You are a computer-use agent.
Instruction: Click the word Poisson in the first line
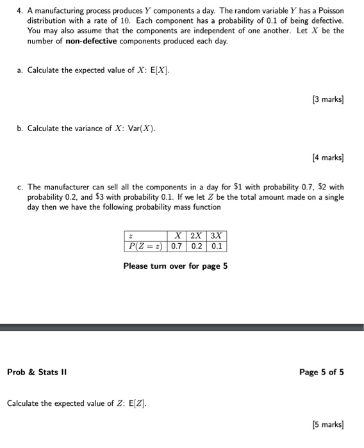click(x=330, y=11)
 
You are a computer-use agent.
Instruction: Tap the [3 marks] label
click(x=327, y=99)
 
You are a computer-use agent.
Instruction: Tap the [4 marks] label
click(x=327, y=157)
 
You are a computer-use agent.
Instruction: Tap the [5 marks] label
click(x=327, y=424)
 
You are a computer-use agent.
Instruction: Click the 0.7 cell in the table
click(x=176, y=246)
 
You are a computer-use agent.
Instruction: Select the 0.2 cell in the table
click(x=196, y=246)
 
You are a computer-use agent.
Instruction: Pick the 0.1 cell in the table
click(x=217, y=246)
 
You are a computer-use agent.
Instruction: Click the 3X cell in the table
click(x=217, y=236)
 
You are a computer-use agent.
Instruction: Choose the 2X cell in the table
click(x=196, y=236)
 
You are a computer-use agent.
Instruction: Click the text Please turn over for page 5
click(x=176, y=266)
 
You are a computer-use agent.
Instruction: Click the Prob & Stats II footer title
click(x=37, y=372)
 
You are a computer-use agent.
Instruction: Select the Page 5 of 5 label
click(x=322, y=372)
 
